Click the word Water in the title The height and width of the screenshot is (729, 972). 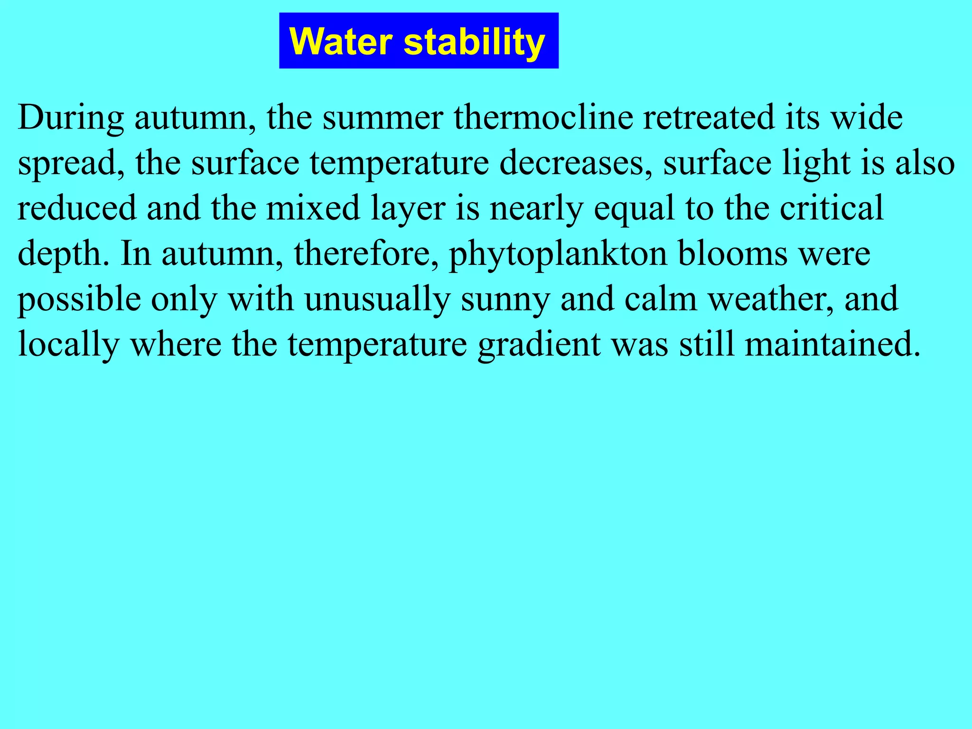coord(341,42)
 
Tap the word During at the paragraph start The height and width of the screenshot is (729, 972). coord(71,117)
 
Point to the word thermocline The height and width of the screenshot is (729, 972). coord(543,117)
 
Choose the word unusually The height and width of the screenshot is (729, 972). coord(377,299)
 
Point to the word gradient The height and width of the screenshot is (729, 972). coord(539,344)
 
